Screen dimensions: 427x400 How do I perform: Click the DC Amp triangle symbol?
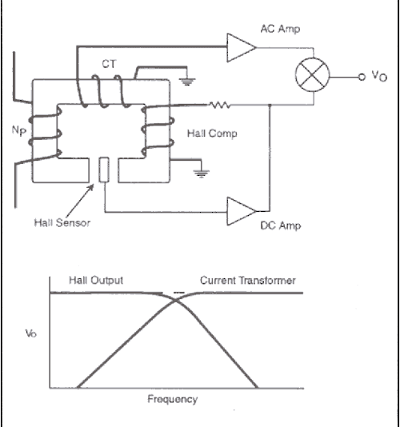click(239, 212)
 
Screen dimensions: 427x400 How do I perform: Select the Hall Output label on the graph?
click(98, 280)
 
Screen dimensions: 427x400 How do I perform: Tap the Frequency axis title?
click(173, 398)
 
